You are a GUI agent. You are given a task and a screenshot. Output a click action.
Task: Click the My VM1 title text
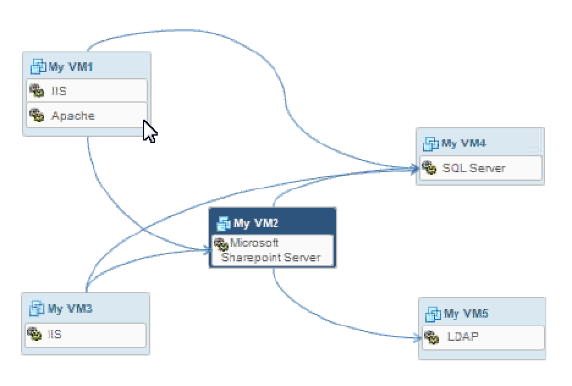71,67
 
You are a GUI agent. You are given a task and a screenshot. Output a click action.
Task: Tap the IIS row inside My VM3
86,335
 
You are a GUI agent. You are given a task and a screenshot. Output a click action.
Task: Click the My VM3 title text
70,308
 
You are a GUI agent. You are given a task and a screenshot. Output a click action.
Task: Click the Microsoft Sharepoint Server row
273,250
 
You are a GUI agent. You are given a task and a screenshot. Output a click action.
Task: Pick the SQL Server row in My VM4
480,168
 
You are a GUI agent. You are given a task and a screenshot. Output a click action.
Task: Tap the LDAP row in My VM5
483,337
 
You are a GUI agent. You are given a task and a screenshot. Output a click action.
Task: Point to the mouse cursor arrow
148,131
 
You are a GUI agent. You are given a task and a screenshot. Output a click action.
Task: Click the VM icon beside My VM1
38,67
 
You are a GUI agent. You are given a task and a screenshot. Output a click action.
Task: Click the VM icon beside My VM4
431,144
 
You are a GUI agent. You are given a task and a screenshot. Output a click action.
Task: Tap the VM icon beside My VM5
433,315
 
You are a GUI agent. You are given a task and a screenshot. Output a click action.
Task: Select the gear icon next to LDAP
431,337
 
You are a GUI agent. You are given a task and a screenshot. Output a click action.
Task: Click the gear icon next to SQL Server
430,168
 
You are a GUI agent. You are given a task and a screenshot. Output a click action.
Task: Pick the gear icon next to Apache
37,115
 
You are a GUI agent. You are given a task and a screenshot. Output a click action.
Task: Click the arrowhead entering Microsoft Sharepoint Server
207,249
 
